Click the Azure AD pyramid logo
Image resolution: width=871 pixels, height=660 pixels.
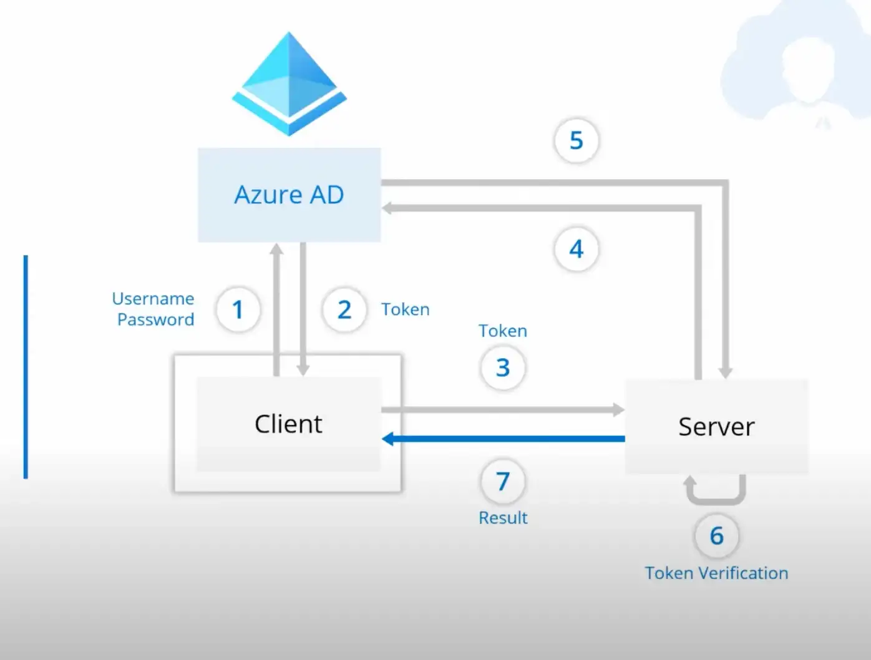coord(289,84)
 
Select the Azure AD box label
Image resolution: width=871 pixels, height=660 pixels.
coord(289,195)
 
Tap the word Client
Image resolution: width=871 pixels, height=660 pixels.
coord(288,424)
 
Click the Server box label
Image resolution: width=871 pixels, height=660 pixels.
coord(716,427)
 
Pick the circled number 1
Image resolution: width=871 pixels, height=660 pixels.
coord(238,309)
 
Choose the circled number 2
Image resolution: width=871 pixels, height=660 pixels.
coord(344,309)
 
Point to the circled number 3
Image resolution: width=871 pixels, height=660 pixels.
coord(503,367)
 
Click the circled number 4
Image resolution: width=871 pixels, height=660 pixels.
coord(577,250)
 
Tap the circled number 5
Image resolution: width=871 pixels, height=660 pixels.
coord(577,140)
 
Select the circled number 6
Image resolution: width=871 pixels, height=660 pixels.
coord(717,536)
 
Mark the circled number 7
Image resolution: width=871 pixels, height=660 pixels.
coord(503,482)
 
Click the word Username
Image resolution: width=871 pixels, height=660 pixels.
coord(153,299)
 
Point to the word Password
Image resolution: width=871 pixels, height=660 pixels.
coord(155,319)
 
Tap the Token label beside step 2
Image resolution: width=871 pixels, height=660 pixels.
coord(406,309)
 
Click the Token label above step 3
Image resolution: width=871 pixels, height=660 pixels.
coord(503,331)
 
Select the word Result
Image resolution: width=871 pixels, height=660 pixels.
coord(503,518)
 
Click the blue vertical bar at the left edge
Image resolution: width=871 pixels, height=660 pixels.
coord(26,367)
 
